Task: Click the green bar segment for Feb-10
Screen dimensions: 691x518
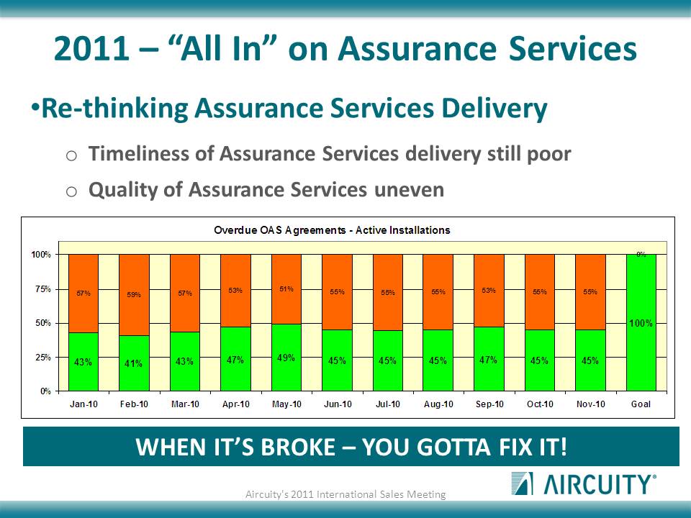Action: click(134, 363)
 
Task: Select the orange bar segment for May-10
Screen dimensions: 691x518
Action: click(286, 289)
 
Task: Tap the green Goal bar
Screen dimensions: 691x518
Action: click(641, 323)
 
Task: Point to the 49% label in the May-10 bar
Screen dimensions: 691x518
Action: click(286, 358)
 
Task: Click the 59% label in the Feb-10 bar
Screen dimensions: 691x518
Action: click(134, 295)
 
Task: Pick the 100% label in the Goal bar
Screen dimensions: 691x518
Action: click(641, 323)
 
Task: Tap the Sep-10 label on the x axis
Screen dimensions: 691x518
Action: click(489, 404)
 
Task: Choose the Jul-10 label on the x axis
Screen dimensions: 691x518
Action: click(388, 404)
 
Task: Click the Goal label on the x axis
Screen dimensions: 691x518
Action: click(641, 404)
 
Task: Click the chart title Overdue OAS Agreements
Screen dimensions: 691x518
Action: click(332, 230)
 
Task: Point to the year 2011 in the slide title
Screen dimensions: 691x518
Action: click(91, 48)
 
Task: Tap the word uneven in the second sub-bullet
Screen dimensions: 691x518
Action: click(409, 190)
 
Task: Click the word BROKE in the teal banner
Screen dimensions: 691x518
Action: click(298, 447)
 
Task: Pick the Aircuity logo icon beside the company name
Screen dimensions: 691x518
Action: click(523, 483)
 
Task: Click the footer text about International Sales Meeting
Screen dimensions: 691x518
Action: click(345, 494)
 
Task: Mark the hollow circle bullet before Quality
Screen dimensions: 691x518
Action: click(71, 191)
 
